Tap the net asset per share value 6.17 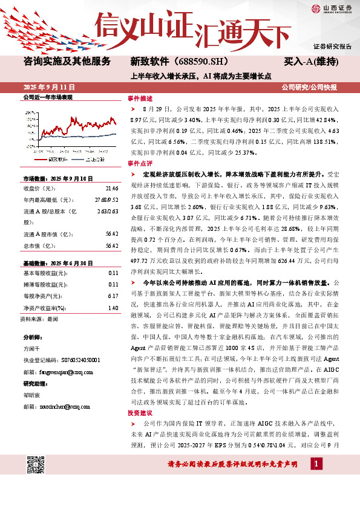pos(113,296)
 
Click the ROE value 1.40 pos(113,308)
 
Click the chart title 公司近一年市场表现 pos(48,97)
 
